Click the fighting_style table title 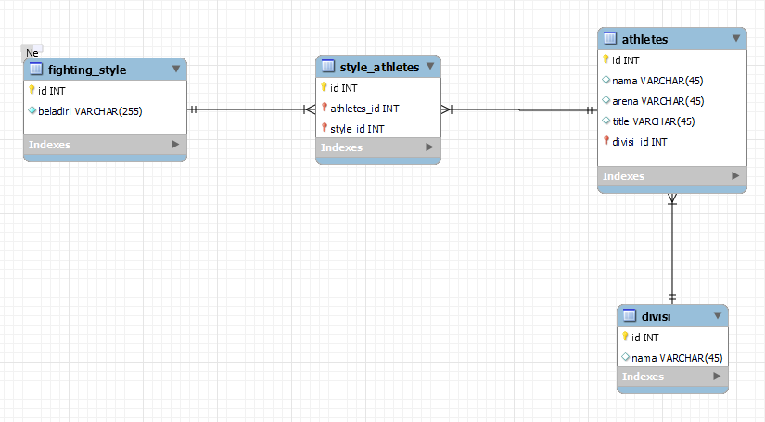click(x=87, y=70)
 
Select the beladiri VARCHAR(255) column click(x=90, y=111)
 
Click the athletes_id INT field click(x=364, y=109)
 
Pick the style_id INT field click(x=357, y=129)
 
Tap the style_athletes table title click(x=379, y=67)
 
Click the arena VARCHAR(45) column click(x=658, y=101)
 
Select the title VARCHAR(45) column click(x=654, y=121)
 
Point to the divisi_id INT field click(x=640, y=142)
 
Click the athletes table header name click(x=645, y=39)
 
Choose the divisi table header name click(x=657, y=316)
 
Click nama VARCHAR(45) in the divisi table click(x=677, y=358)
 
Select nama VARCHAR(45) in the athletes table click(x=657, y=81)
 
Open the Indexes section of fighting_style click(x=105, y=145)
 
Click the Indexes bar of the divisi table click(x=672, y=377)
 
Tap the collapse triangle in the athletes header click(x=736, y=38)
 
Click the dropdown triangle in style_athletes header click(x=430, y=66)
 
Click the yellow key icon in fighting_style click(x=32, y=90)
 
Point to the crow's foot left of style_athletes click(x=310, y=109)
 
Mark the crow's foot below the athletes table click(x=672, y=199)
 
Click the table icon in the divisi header click(x=630, y=315)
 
